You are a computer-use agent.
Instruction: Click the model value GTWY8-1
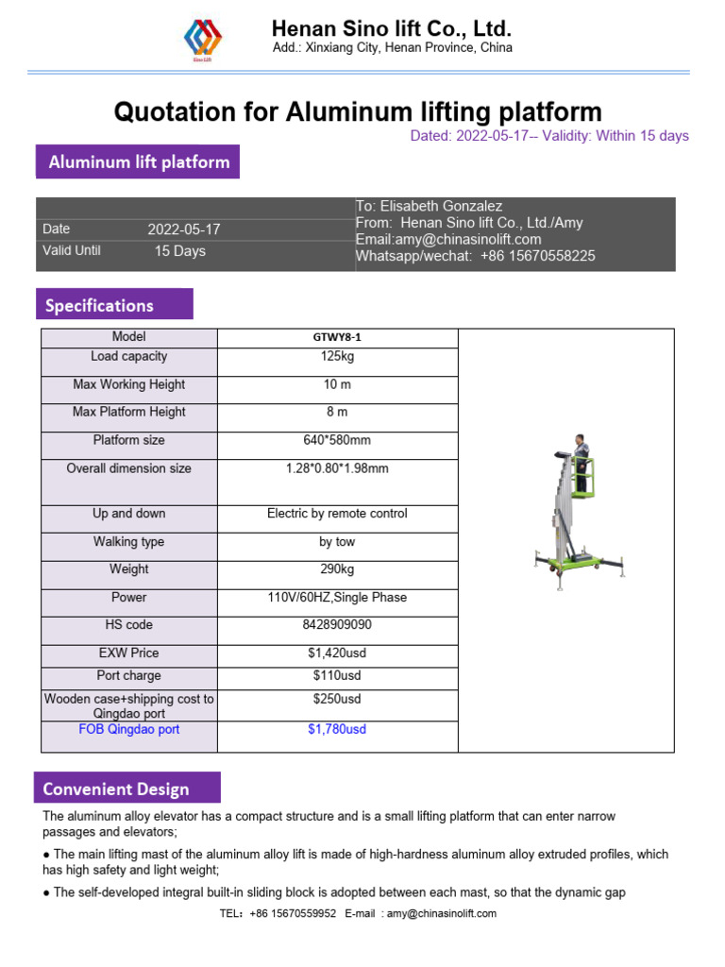pos(337,338)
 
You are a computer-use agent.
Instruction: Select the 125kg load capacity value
pos(337,357)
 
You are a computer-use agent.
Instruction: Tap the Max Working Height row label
pos(128,385)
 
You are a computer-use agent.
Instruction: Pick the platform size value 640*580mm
pos(337,440)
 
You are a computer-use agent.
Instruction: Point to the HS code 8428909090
pos(337,625)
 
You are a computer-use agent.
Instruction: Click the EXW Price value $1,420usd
pos(337,653)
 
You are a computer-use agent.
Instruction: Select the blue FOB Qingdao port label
pos(128,730)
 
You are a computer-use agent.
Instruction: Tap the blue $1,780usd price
pos(337,730)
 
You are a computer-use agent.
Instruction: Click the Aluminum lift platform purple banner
pos(138,161)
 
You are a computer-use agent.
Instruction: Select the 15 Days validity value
pos(179,251)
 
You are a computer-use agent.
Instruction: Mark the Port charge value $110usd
pos(337,676)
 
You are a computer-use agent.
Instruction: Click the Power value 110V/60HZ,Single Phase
pos(337,598)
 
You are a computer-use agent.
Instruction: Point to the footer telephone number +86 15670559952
pos(293,913)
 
